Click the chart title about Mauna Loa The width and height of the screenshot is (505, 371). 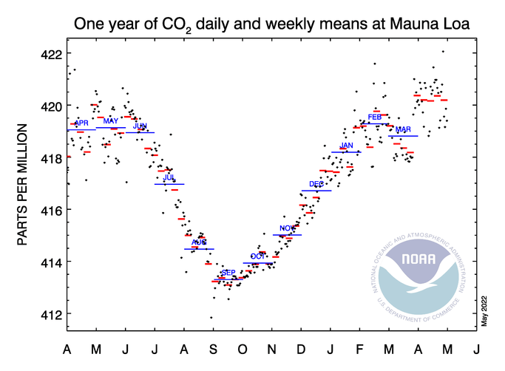(272, 24)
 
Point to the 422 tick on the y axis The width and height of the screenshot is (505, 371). (50, 54)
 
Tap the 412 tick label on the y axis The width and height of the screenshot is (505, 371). (50, 314)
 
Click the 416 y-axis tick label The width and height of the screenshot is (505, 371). (50, 210)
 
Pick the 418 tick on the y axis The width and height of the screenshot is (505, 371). (50, 158)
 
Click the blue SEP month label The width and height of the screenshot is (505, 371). (228, 273)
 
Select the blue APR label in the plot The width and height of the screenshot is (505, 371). (82, 123)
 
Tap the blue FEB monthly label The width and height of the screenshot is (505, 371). (374, 117)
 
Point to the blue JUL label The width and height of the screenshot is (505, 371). (169, 177)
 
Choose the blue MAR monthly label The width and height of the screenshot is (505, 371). (403, 129)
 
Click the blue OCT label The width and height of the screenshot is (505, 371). (257, 256)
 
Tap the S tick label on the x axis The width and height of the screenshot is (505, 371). (213, 349)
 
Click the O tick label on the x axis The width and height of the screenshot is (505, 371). (243, 349)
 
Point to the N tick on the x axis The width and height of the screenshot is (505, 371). (272, 349)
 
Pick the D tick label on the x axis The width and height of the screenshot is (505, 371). (301, 349)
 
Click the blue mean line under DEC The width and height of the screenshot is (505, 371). (316, 191)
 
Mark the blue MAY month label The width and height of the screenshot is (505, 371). (110, 120)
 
